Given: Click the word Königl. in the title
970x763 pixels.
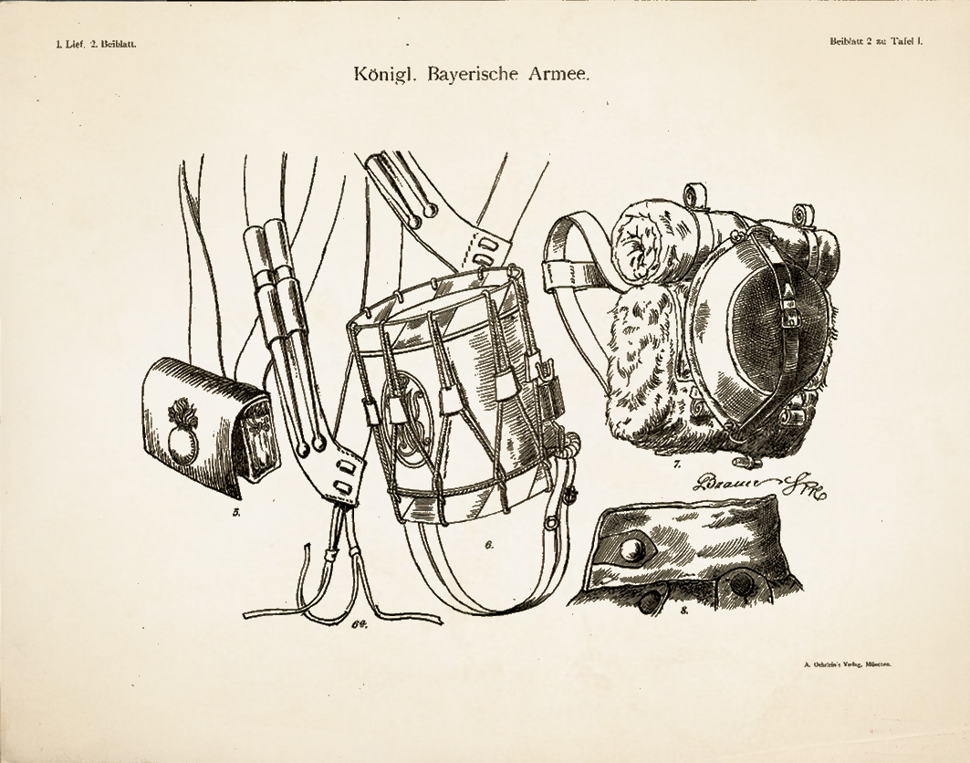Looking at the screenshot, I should [384, 75].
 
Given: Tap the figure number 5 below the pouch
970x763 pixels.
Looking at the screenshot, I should [235, 512].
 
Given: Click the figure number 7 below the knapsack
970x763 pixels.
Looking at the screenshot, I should [677, 465].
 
